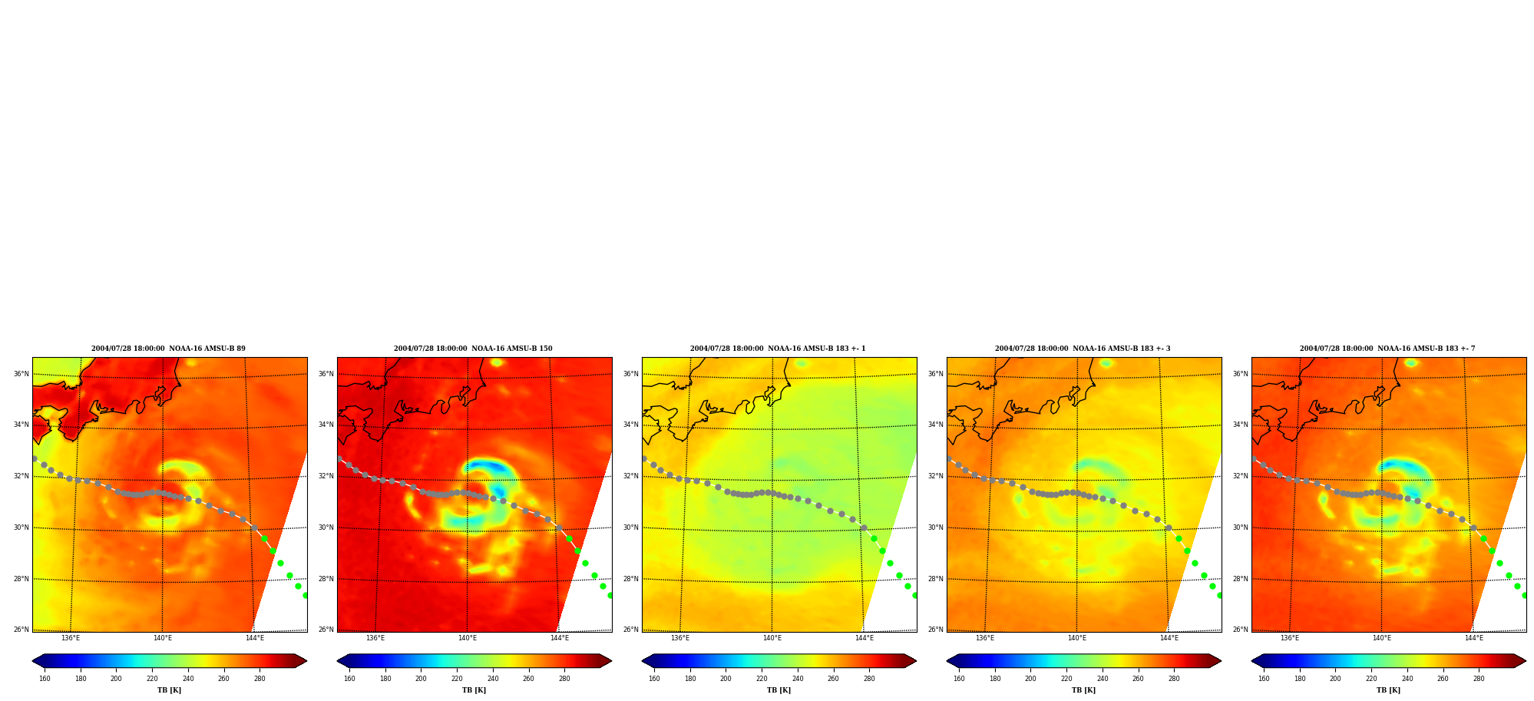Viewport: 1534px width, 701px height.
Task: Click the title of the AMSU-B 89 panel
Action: point(168,349)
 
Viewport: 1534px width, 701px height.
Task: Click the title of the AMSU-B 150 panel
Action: point(473,349)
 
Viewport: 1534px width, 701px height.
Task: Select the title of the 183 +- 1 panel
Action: point(778,349)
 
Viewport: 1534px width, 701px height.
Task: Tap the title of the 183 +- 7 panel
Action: point(1387,349)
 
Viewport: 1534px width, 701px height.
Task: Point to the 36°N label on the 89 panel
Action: point(21,374)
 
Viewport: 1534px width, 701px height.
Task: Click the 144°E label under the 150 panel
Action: point(559,638)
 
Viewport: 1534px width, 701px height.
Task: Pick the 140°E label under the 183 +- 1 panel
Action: point(772,638)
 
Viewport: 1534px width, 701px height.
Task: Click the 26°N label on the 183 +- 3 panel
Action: point(935,630)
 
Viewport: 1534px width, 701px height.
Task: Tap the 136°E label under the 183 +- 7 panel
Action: point(1289,638)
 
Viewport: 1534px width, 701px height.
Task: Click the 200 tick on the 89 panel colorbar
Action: point(116,678)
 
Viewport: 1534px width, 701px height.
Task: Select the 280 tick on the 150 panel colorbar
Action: point(564,678)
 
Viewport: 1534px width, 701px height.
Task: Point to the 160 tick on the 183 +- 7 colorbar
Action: point(1264,678)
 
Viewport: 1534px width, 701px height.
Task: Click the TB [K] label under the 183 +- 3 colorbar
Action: point(1083,690)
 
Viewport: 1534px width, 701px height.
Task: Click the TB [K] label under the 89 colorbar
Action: point(169,690)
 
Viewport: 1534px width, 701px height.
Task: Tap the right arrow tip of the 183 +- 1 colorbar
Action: point(916,661)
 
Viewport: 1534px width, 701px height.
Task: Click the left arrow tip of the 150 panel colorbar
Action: point(338,661)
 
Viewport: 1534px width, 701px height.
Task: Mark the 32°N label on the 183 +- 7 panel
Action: point(1240,476)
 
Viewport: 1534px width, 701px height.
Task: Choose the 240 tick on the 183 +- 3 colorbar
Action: point(1103,678)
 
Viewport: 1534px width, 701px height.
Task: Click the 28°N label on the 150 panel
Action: point(326,579)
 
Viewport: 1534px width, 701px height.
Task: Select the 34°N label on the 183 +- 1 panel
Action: point(630,425)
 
